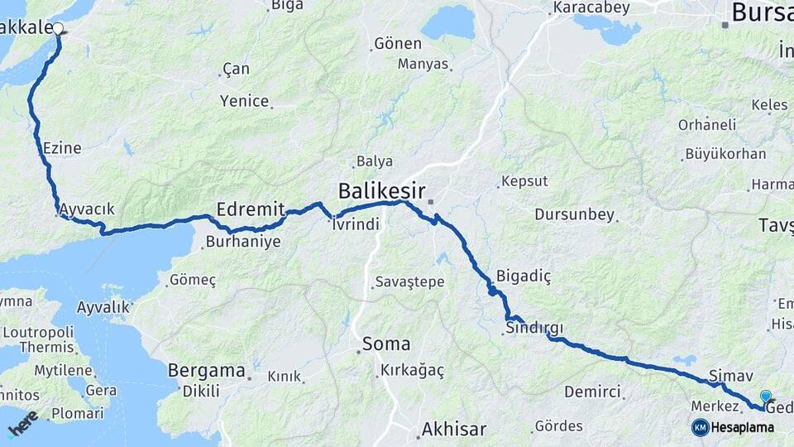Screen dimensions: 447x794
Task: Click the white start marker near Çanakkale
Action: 58,28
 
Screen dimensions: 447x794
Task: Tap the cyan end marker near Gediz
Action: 766,397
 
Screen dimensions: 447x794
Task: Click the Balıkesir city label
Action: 381,192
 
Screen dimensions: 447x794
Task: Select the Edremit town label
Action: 251,209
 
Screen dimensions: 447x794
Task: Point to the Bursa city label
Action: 762,12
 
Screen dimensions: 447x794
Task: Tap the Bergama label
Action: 207,369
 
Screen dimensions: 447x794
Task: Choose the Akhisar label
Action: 453,429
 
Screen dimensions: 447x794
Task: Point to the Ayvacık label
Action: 87,209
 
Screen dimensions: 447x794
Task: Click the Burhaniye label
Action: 243,243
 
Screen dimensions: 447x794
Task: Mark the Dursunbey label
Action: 575,214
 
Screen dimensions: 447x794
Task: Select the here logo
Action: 22,424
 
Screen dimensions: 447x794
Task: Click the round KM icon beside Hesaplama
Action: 701,427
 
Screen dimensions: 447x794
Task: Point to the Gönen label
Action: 398,44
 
